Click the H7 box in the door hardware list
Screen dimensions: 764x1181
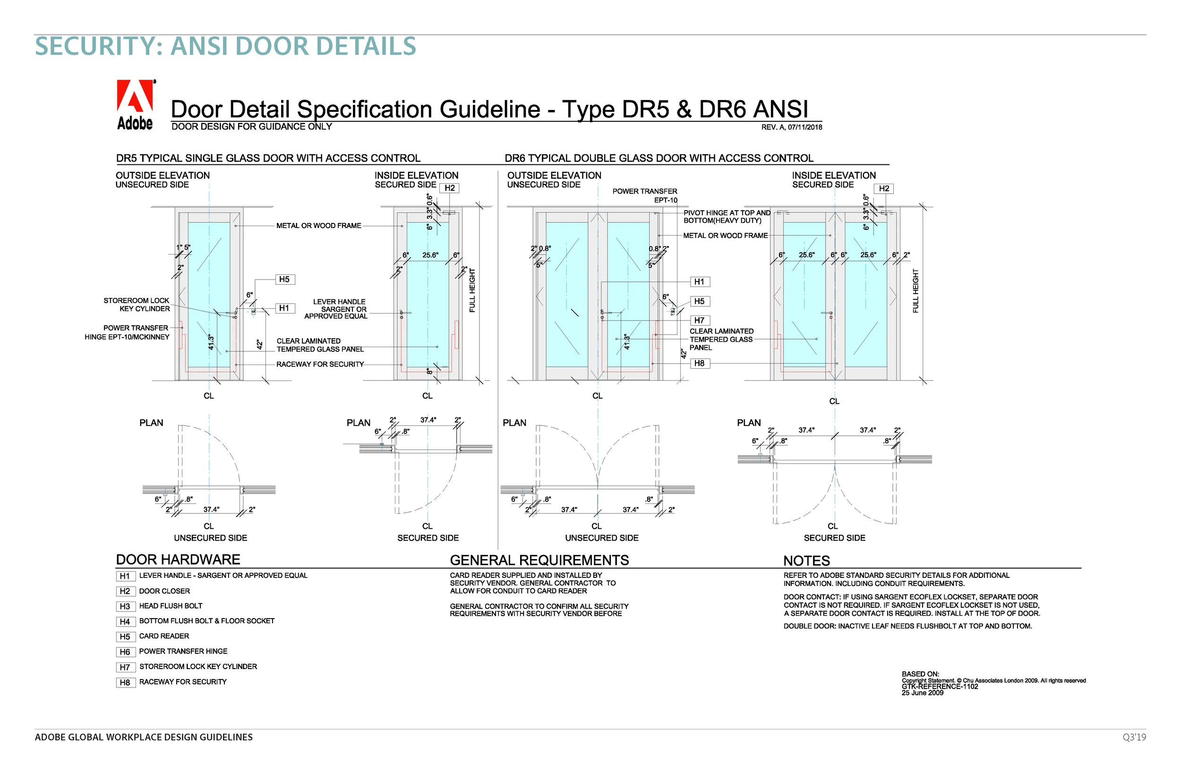click(x=125, y=667)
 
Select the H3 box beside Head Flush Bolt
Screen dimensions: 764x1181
click(x=125, y=606)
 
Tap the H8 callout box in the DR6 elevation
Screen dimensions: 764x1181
click(x=699, y=363)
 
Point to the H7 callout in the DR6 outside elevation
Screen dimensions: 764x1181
click(x=699, y=321)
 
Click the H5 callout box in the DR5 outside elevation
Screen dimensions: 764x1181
click(x=284, y=280)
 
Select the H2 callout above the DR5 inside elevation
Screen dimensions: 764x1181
click(x=450, y=188)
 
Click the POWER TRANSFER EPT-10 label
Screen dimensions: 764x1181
click(x=645, y=195)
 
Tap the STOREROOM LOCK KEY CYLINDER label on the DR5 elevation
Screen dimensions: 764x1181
click(x=137, y=305)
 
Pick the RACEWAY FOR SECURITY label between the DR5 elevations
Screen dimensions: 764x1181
click(x=320, y=364)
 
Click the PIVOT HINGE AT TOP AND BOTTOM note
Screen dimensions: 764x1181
click(x=727, y=217)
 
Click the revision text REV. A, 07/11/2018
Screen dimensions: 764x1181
click(x=791, y=127)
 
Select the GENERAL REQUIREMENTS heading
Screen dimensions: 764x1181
click(x=539, y=560)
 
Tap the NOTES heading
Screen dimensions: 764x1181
click(x=806, y=560)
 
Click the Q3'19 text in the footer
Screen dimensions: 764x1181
click(x=1134, y=737)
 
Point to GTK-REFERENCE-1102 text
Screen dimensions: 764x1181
click(x=939, y=687)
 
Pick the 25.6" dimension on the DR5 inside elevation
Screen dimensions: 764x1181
click(x=430, y=255)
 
